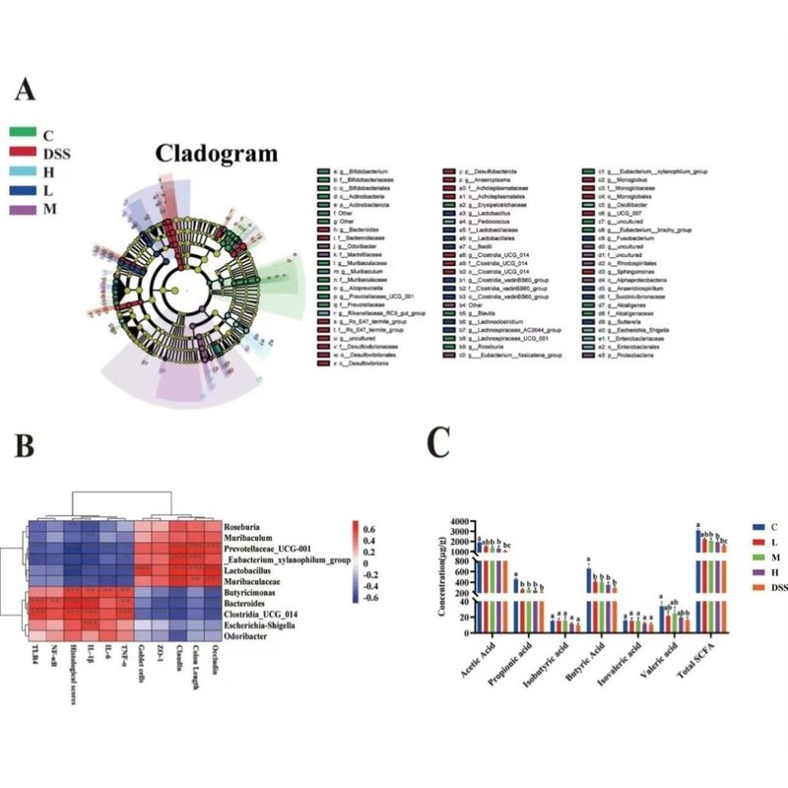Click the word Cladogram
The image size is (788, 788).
tap(216, 153)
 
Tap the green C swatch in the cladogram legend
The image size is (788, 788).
tap(25, 132)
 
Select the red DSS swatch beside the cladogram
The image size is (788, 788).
tap(25, 154)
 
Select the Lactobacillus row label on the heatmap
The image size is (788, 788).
tap(258, 571)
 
